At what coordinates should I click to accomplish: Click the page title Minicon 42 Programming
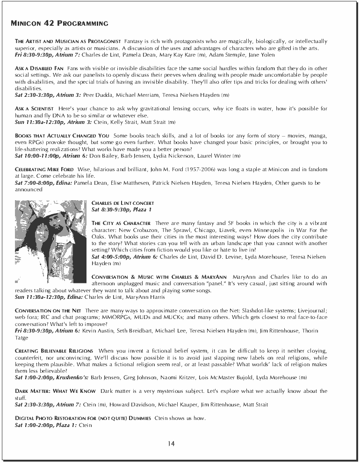[x=59, y=23]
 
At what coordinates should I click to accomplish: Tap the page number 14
[x=172, y=444]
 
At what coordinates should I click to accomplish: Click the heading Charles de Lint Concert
[x=122, y=203]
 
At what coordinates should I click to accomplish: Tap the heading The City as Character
[x=121, y=223]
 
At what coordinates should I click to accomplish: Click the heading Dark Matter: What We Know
[x=55, y=391]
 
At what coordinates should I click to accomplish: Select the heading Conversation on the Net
[x=48, y=311]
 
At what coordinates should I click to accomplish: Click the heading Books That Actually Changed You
[x=62, y=136]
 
